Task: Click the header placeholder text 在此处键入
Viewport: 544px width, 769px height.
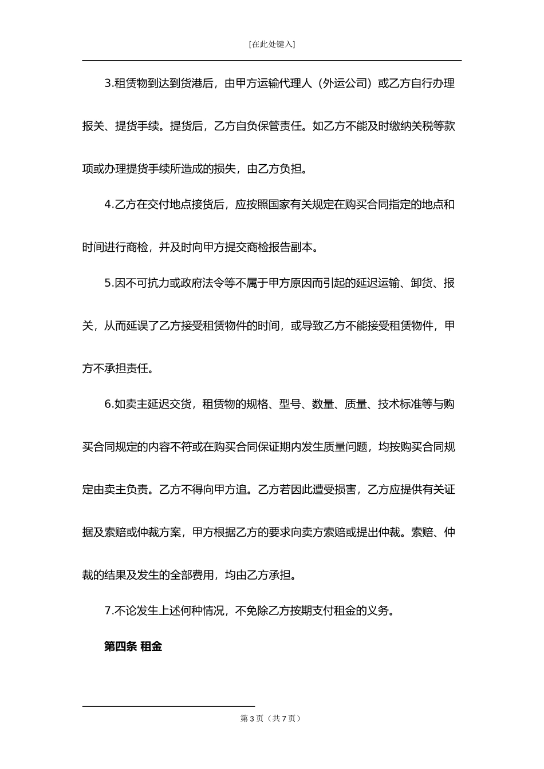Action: click(x=272, y=44)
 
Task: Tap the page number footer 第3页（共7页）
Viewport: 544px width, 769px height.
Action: click(x=271, y=719)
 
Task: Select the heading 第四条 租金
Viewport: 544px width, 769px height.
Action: click(x=133, y=647)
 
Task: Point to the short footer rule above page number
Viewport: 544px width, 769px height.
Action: click(x=168, y=706)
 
